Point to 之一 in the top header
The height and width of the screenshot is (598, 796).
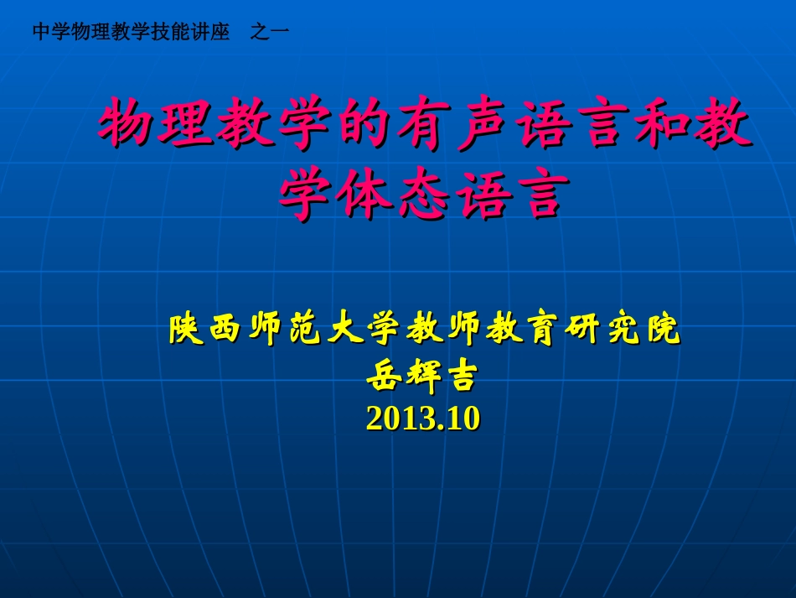click(270, 32)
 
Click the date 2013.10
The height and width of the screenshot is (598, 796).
click(422, 419)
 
